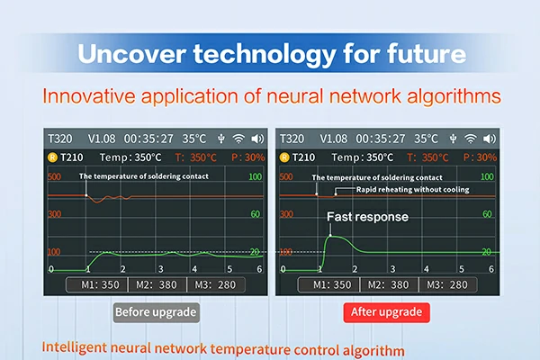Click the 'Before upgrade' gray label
[156, 312]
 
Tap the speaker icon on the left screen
[258, 139]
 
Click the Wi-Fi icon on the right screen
[469, 139]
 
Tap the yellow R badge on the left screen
[56, 157]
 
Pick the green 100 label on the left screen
[256, 177]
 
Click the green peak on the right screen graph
[332, 236]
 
